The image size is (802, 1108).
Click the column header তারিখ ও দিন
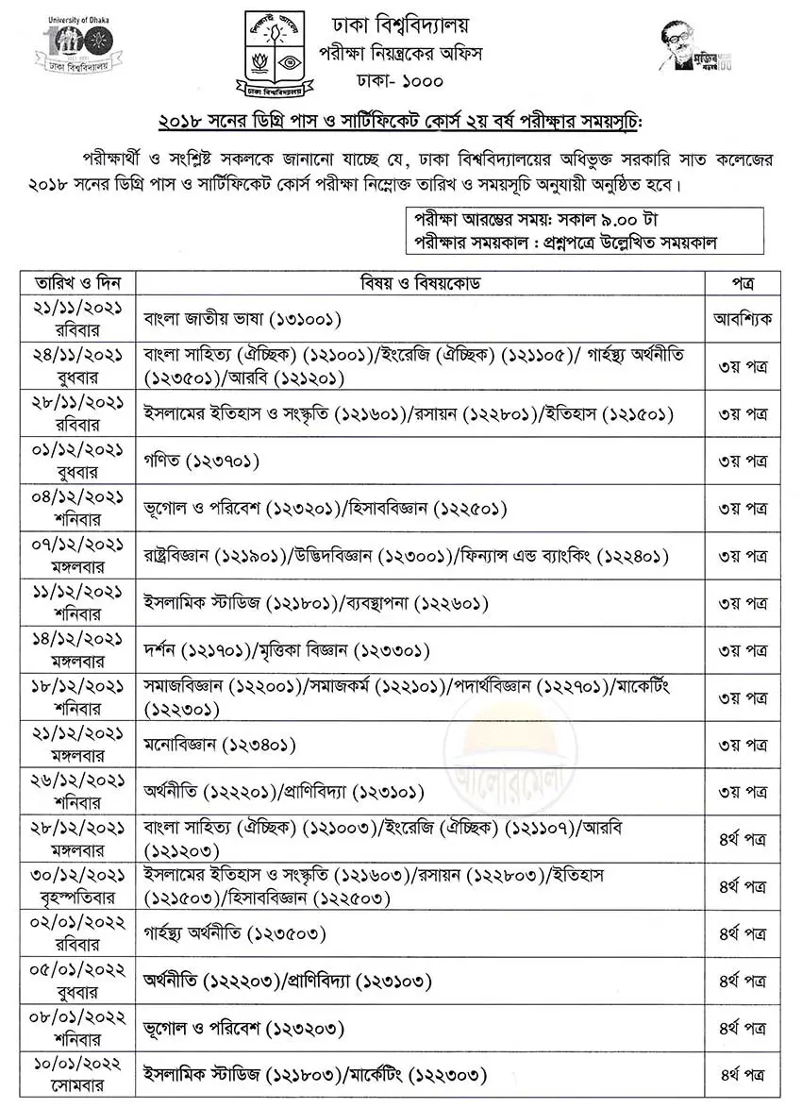point(78,282)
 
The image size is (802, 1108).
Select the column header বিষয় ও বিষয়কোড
point(421,282)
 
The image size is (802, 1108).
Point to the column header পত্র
point(743,282)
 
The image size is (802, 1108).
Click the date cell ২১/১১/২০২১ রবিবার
point(78,319)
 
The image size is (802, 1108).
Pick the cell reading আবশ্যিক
point(743,319)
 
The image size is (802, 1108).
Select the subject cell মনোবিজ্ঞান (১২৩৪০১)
point(223,746)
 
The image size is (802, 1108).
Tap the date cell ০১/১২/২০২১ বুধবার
point(78,462)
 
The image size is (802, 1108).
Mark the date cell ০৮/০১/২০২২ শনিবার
point(78,1029)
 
